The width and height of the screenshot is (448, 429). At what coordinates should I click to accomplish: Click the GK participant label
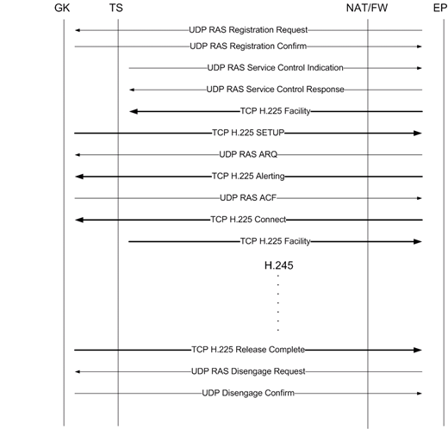pos(62,8)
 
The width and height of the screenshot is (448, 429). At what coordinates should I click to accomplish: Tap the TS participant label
pos(116,8)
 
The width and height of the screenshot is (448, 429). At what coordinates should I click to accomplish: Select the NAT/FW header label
pos(367,8)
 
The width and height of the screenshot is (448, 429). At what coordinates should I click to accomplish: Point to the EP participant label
pos(440,8)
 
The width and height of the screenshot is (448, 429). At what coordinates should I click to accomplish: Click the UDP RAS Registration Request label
pos(248,30)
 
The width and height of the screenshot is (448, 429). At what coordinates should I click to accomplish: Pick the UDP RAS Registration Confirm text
pos(248,47)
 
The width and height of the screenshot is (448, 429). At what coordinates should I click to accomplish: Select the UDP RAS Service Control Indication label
pos(275,68)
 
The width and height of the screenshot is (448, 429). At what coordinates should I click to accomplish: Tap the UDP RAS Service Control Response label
pos(275,90)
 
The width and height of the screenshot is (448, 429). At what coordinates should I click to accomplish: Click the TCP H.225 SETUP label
pos(248,133)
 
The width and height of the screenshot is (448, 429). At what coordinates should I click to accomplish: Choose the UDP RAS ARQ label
pos(248,154)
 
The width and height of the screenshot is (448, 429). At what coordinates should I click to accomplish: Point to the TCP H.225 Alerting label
pos(248,176)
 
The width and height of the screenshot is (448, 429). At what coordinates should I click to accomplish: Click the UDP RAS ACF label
pos(248,198)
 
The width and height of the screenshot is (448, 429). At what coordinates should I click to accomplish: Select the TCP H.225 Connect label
pos(248,220)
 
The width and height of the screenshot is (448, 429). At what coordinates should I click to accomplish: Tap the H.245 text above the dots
pos(278,265)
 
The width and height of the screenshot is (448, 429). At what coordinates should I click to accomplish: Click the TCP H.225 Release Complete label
pos(248,350)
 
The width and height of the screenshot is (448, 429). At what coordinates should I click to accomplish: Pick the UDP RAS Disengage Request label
pos(248,371)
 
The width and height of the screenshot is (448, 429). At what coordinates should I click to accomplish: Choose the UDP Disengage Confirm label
pos(248,393)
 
